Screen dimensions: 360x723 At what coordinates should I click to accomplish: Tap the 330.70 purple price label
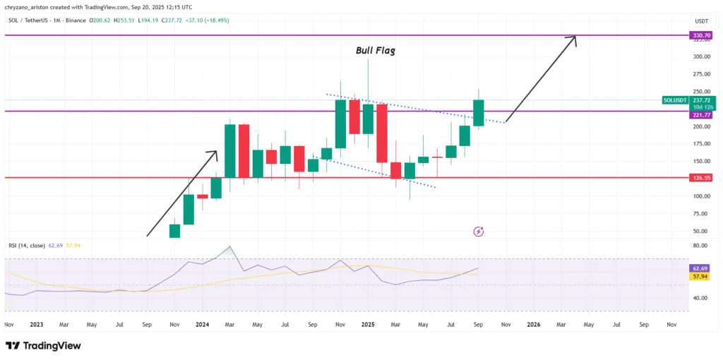(x=702, y=35)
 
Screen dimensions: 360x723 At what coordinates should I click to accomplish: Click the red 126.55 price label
(x=702, y=178)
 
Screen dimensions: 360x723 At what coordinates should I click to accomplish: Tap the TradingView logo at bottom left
(x=43, y=346)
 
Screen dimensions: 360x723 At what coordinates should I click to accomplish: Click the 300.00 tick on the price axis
(x=701, y=57)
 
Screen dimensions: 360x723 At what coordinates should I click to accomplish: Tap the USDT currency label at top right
(x=701, y=21)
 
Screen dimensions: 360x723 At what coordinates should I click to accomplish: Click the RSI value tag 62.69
(x=702, y=269)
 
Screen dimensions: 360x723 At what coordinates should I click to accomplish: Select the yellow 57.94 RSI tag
(x=702, y=277)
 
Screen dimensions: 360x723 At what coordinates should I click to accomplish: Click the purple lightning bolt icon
(x=479, y=231)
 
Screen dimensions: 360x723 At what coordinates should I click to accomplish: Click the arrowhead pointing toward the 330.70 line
(x=575, y=38)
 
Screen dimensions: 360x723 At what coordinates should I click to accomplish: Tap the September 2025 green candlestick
(x=478, y=113)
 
